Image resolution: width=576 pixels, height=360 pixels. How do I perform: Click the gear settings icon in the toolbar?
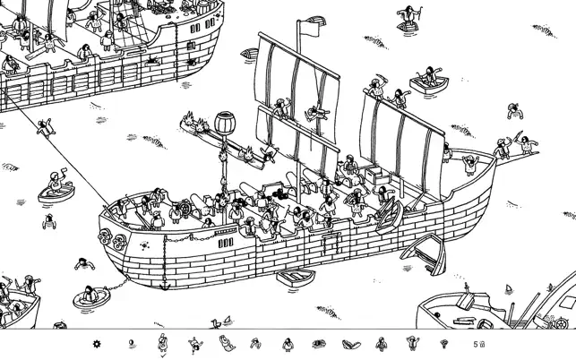(97, 344)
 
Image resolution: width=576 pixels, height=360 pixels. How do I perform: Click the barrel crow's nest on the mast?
(225, 123)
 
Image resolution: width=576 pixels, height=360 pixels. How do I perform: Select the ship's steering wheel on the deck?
(185, 209)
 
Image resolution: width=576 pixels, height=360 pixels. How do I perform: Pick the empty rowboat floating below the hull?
(296, 278)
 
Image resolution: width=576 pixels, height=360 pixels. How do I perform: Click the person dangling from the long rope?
(46, 127)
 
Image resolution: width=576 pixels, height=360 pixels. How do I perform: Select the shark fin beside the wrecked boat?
(509, 288)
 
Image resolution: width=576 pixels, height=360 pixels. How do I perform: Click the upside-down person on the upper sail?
(316, 113)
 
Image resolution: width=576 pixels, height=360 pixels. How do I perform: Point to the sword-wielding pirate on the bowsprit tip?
(528, 144)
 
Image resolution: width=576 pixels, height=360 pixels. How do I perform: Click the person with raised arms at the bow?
(470, 165)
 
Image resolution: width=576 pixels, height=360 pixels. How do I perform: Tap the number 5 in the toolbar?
(476, 344)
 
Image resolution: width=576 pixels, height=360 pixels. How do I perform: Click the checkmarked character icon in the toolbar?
(163, 343)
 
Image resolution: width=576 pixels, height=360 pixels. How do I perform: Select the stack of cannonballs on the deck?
(279, 193)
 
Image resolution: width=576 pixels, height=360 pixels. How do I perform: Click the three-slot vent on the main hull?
(226, 243)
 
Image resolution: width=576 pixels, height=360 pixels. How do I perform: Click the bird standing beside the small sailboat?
(215, 323)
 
